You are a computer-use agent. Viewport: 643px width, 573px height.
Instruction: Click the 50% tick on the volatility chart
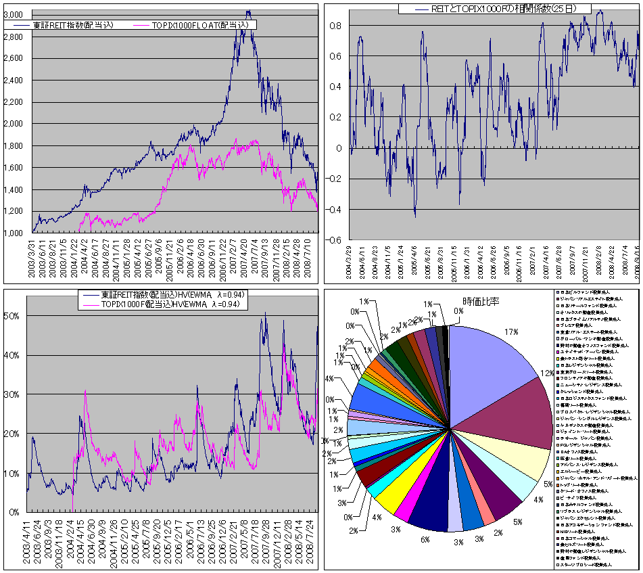[13, 316]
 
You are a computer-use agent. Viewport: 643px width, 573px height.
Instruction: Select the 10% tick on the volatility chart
[13, 473]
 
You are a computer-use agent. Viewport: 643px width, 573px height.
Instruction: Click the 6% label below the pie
[425, 540]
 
